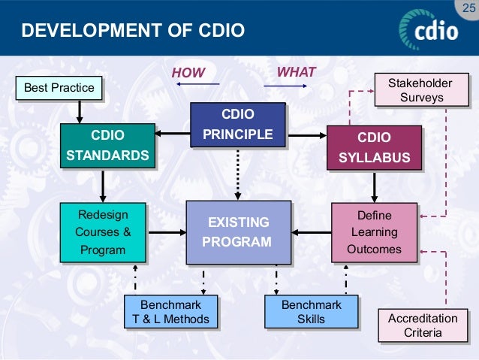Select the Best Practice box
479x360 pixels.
tap(59, 88)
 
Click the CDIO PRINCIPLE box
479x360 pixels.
tap(237, 125)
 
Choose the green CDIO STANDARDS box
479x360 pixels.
tap(107, 147)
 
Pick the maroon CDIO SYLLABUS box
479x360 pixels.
tap(373, 147)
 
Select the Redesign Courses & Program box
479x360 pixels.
tap(102, 232)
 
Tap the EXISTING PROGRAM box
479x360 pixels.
tap(238, 232)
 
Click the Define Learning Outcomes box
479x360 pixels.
tap(374, 232)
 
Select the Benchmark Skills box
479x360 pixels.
tap(311, 312)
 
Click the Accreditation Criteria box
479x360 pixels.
tap(422, 325)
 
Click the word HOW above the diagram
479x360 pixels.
tap(188, 73)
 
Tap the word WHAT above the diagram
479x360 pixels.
tap(297, 72)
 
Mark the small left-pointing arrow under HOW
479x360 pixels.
tap(188, 86)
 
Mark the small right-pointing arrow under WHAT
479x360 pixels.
tap(296, 86)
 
